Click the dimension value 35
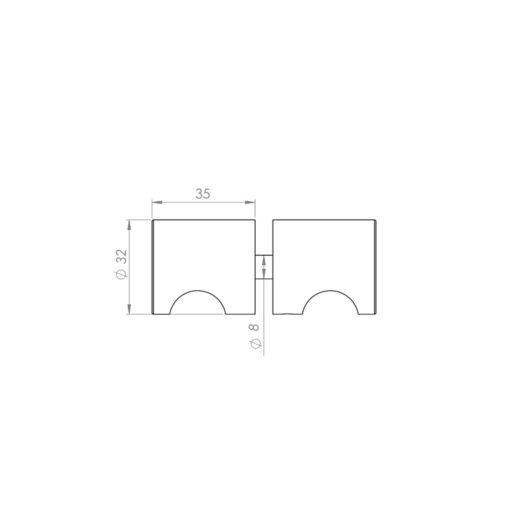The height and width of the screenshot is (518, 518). pos(203,194)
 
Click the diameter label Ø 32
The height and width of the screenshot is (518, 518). pos(121,264)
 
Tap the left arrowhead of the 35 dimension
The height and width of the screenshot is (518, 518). pos(157,202)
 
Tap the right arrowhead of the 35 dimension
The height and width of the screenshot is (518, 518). pos(250,202)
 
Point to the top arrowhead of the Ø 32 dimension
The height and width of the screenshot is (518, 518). pos(129,225)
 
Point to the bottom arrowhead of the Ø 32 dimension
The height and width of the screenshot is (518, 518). pos(129,309)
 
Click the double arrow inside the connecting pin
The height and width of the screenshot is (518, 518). pos(264,267)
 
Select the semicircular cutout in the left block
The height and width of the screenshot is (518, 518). pos(197,291)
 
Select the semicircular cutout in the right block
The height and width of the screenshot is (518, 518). pos(330,291)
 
